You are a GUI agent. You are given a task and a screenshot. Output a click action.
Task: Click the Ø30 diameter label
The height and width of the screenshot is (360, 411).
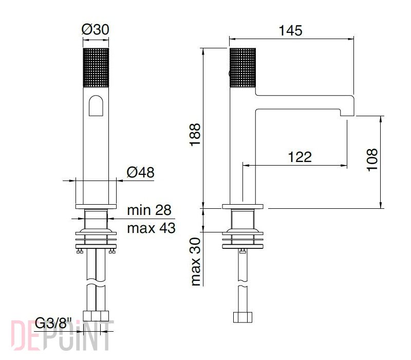coord(95,29)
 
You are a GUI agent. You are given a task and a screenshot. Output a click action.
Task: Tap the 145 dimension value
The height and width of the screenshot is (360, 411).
coord(290,30)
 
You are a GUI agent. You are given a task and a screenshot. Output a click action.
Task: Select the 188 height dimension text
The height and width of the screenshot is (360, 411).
coord(195,135)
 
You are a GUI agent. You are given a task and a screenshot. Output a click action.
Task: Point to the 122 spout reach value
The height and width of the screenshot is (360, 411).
coord(300,157)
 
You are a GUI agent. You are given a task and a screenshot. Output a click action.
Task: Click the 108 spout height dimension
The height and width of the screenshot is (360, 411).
coord(372,160)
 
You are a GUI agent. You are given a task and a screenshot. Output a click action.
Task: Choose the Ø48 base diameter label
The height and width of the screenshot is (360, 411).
coord(140,172)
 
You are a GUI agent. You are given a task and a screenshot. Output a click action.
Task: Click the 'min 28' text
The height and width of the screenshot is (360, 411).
coord(149,210)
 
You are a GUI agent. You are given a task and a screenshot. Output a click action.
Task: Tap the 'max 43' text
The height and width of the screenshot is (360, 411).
coord(151,228)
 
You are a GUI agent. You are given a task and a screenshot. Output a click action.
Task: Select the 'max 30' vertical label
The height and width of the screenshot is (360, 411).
coord(196,262)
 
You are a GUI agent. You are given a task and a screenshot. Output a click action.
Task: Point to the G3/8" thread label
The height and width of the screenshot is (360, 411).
coord(53,323)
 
